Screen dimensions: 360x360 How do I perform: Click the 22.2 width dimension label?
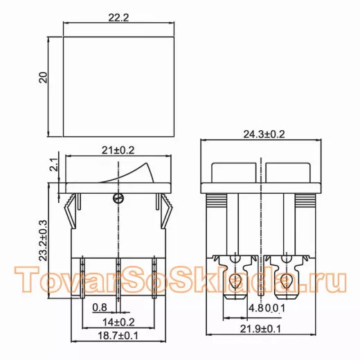point(118,18)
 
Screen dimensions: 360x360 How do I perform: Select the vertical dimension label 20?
point(43,78)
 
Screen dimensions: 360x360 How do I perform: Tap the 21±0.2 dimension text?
point(118,150)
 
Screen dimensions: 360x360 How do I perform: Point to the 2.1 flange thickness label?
point(54,164)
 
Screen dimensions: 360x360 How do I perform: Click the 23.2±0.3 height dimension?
point(43,240)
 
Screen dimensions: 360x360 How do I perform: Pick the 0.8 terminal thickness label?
point(100,307)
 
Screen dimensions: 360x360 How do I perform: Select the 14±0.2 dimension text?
point(118,322)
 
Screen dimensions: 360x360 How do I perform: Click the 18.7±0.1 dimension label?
point(118,336)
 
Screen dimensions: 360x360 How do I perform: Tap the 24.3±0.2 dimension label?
point(264,134)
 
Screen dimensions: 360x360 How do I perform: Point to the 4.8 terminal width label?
point(256,308)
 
